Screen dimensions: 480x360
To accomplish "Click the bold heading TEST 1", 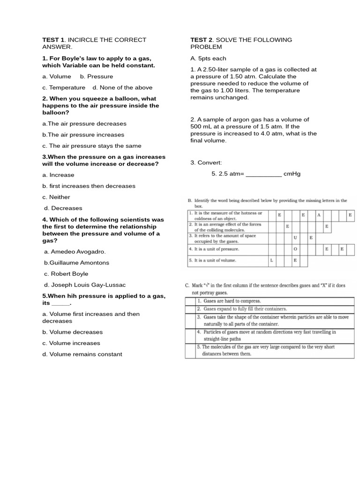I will click(x=53, y=40).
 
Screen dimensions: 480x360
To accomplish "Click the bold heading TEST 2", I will click(x=201, y=40).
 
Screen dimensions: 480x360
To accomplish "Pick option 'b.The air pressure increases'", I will click(x=83, y=135).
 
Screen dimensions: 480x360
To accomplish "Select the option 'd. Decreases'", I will click(x=63, y=208).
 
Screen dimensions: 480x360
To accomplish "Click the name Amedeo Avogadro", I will click(x=78, y=252).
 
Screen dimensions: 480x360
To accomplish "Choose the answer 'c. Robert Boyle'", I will click(x=66, y=274).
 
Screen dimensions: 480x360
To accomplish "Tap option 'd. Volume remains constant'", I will click(x=82, y=354).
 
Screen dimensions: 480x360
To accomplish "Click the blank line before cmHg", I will click(x=263, y=174).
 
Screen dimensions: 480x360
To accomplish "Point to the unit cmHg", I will click(x=292, y=174).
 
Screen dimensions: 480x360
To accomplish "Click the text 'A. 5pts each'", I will click(x=208, y=59).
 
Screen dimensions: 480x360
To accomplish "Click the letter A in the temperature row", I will click(x=319, y=215).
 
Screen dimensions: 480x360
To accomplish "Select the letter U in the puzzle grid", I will click(x=295, y=238).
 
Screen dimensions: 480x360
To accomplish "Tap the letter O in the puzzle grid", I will click(x=295, y=249).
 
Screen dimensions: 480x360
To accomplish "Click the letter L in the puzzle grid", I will click(x=272, y=260).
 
